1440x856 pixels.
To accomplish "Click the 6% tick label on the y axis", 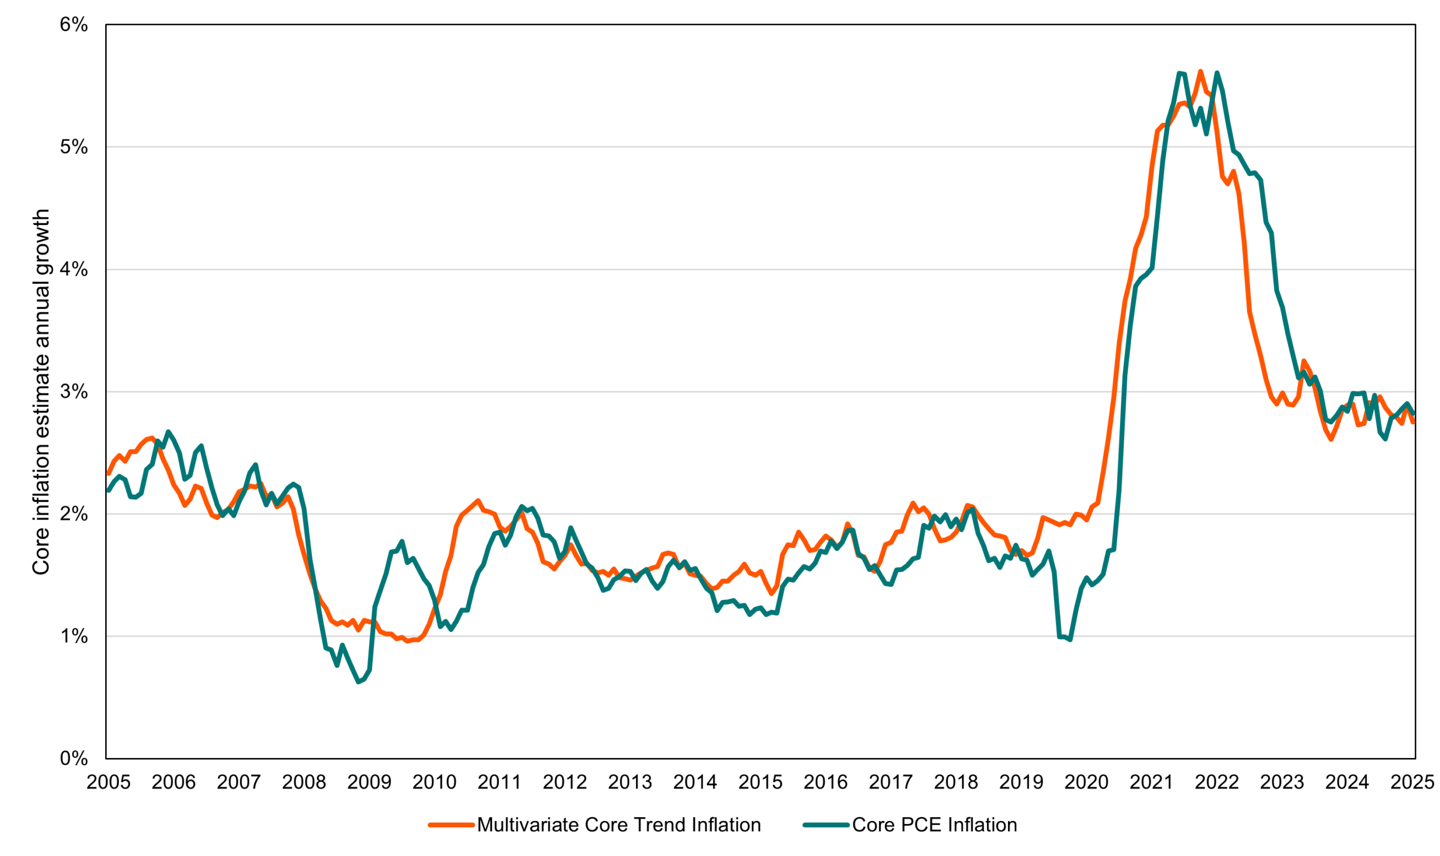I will (73, 25).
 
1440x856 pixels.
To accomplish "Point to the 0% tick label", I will (73, 759).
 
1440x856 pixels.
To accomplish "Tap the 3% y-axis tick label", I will (73, 392).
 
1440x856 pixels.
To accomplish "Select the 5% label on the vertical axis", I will (73, 147).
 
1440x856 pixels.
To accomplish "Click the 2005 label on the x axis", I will (109, 783).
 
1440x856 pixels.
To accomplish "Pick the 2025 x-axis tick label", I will (1412, 783).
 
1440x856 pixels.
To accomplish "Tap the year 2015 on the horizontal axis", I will (760, 783).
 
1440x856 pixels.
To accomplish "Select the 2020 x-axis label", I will (1086, 783).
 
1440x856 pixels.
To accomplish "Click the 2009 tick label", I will (369, 783).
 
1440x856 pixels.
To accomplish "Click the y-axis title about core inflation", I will (41, 392).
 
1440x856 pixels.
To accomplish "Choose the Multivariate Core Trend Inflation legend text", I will (619, 825).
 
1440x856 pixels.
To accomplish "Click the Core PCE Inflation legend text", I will (934, 825).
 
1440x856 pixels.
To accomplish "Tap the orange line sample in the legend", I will (451, 825).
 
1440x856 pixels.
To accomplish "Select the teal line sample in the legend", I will (826, 825).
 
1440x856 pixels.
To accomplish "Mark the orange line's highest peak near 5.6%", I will (1200, 71).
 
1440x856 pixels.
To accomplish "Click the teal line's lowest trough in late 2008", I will (358, 682).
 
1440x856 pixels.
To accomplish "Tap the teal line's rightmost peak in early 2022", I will (1217, 73).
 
